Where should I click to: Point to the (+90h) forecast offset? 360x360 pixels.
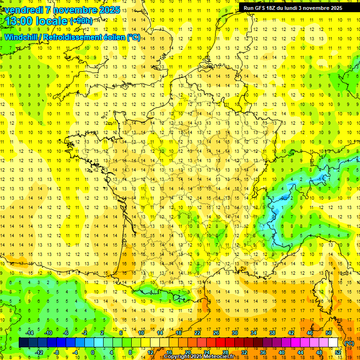[x=81, y=21]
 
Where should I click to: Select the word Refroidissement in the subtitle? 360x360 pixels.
[x=84, y=37]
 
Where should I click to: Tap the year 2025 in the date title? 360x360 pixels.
[x=109, y=10]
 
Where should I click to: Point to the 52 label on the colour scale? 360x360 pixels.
[x=337, y=352]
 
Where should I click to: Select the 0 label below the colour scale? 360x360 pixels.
[x=92, y=352]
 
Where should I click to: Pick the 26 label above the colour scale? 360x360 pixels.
[x=216, y=332]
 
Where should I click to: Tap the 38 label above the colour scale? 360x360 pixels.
[x=272, y=332]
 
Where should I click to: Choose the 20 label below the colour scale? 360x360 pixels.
[x=187, y=352]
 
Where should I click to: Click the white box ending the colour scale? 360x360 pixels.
[x=333, y=342]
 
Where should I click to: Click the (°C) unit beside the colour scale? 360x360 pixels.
[x=349, y=343]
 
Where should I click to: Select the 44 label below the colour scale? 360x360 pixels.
[x=300, y=352]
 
